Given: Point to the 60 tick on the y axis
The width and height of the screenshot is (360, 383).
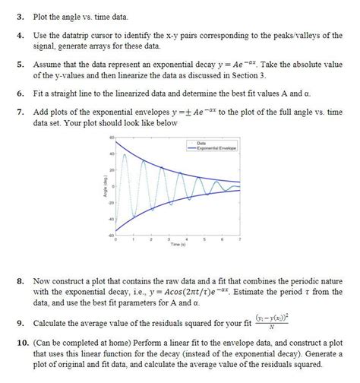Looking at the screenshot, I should point(109,138).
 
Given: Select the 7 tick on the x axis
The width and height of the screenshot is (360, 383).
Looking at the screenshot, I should point(240,239).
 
